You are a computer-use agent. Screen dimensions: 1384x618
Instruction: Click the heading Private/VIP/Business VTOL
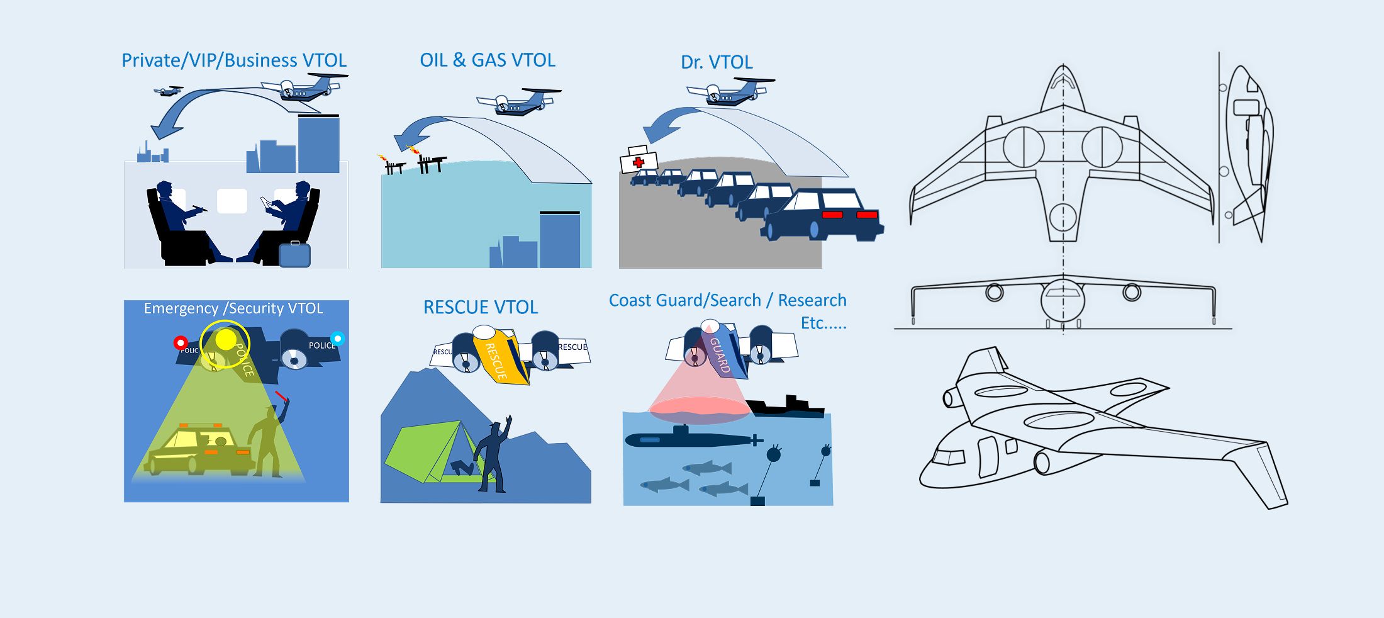[234, 60]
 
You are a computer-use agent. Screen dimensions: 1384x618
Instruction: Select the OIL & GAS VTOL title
[488, 60]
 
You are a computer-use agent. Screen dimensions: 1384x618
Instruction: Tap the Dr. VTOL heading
[717, 62]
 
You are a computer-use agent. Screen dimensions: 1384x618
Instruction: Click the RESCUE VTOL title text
[481, 307]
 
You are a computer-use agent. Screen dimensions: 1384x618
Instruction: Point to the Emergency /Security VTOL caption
[233, 308]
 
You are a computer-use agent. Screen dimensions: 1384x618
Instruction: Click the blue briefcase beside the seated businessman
[294, 254]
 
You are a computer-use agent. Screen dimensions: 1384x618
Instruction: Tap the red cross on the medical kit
[639, 162]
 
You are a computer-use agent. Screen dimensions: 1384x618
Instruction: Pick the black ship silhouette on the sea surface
[789, 407]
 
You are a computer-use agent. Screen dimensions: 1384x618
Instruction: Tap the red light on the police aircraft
[181, 343]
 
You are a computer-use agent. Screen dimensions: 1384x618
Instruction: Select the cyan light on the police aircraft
[338, 339]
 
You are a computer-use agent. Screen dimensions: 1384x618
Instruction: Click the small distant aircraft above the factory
[168, 91]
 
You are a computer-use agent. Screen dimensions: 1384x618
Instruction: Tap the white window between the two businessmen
[232, 201]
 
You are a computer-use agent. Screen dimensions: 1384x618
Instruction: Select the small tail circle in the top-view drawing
[1063, 218]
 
